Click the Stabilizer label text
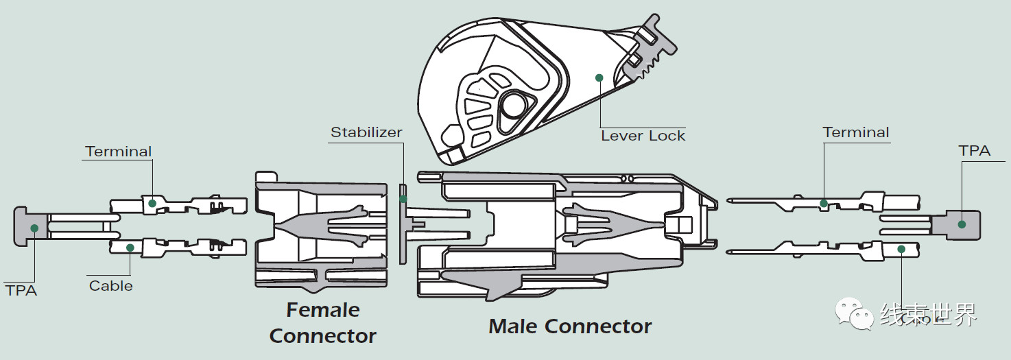tap(366, 132)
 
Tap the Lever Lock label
tap(643, 136)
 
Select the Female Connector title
tap(322, 323)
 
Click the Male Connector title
tap(570, 326)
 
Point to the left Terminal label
tap(119, 152)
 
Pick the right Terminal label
tap(856, 132)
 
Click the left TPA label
tap(21, 290)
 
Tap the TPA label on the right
tap(975, 151)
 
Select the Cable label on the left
tap(111, 285)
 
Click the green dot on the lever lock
tap(599, 78)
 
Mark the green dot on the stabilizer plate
tap(403, 200)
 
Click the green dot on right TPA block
tap(962, 224)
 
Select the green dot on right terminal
tap(824, 203)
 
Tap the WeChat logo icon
tap(854, 314)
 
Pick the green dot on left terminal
tap(152, 204)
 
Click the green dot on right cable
tap(901, 249)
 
